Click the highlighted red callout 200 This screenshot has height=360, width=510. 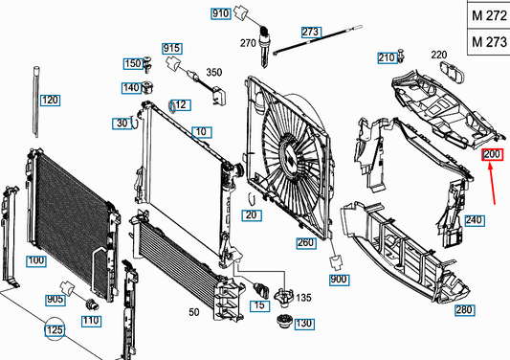(492, 155)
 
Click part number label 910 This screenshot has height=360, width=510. (221, 13)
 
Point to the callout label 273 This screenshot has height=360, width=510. (311, 32)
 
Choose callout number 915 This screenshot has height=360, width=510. (172, 48)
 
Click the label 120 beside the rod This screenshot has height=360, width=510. (51, 100)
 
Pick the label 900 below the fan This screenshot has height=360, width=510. (339, 279)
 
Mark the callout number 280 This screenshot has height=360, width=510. (465, 310)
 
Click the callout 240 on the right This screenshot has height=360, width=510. (475, 219)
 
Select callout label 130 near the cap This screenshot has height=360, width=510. (304, 324)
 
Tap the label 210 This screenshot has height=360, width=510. (387, 57)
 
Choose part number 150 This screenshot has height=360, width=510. (131, 63)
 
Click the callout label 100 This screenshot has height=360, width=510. (35, 259)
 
